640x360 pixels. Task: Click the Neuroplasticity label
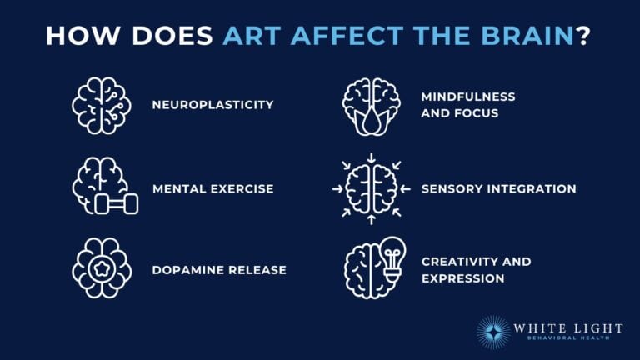coord(212,105)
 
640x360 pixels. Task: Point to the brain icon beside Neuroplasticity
coord(101,105)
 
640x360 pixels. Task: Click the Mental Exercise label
coord(212,189)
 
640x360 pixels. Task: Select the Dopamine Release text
coord(219,270)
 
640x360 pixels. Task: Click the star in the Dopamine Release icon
coord(101,270)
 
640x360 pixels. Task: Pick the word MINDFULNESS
coord(468,97)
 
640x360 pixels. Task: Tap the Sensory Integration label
coord(498,189)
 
